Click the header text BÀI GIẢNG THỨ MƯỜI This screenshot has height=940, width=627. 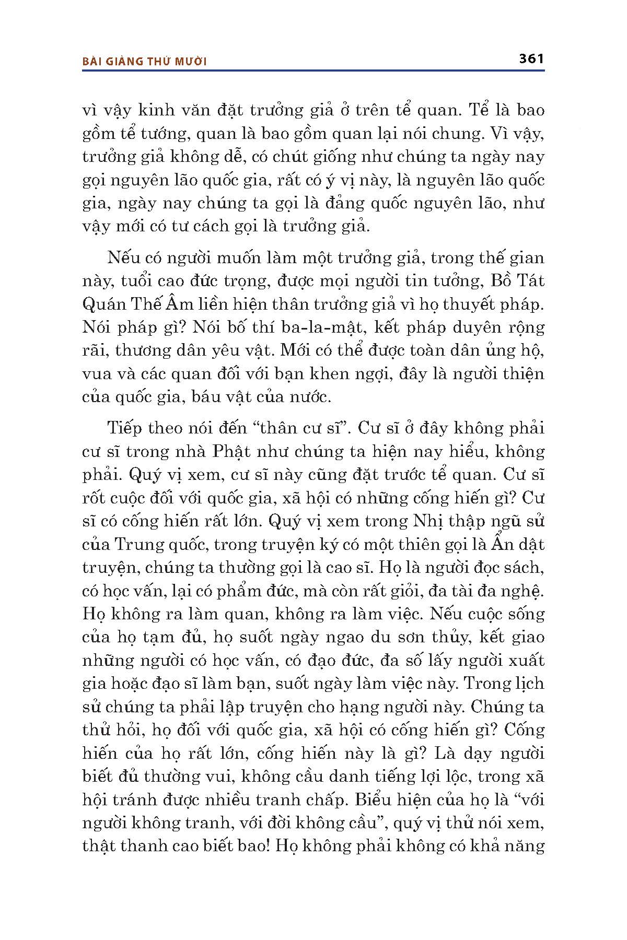coord(145,62)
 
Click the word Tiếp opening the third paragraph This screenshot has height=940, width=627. coord(125,428)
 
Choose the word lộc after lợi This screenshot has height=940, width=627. coord(457,777)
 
